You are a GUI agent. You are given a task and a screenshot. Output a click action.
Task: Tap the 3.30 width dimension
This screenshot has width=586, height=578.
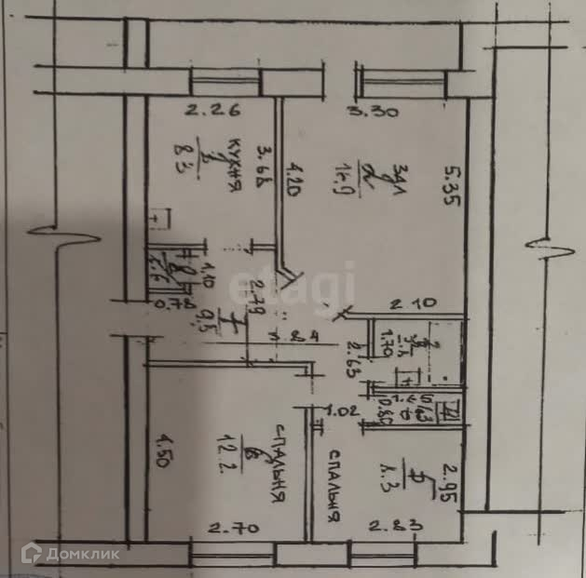373,113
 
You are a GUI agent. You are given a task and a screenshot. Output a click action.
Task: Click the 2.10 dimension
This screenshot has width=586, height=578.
407,303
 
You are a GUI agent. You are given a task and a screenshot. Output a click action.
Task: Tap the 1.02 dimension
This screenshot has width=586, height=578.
342,409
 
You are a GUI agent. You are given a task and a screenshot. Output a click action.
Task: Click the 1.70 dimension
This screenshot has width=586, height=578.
380,352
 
